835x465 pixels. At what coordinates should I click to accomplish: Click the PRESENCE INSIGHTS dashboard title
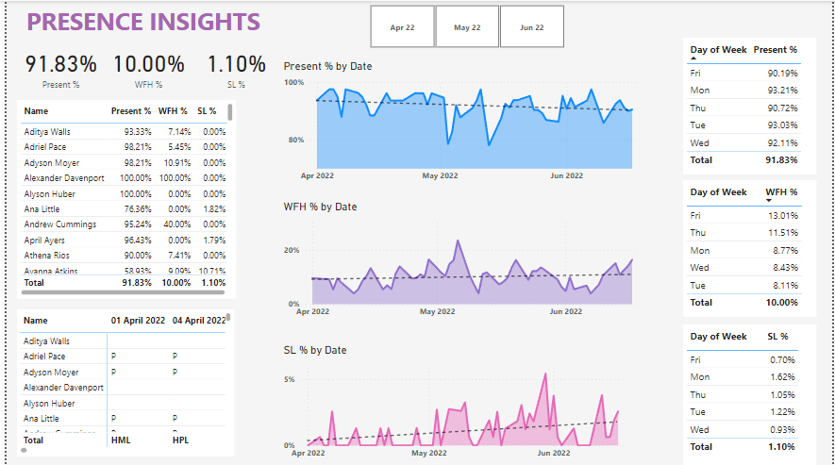[142, 22]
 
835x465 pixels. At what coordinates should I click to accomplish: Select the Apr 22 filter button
[402, 27]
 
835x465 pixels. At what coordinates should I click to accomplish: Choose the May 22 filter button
[467, 27]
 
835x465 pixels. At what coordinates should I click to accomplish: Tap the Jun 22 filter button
[531, 27]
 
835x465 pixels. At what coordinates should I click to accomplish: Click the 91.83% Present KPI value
[60, 64]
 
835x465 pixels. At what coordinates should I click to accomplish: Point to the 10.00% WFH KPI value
[149, 64]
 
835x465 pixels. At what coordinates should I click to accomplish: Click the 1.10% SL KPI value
[236, 64]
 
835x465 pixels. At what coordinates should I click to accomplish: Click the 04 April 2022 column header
[199, 321]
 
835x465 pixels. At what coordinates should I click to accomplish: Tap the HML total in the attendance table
[121, 440]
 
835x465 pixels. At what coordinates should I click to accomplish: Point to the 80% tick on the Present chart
[294, 141]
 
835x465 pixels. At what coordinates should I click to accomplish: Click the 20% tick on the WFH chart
[292, 251]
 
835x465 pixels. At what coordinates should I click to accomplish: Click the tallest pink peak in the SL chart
[544, 375]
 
